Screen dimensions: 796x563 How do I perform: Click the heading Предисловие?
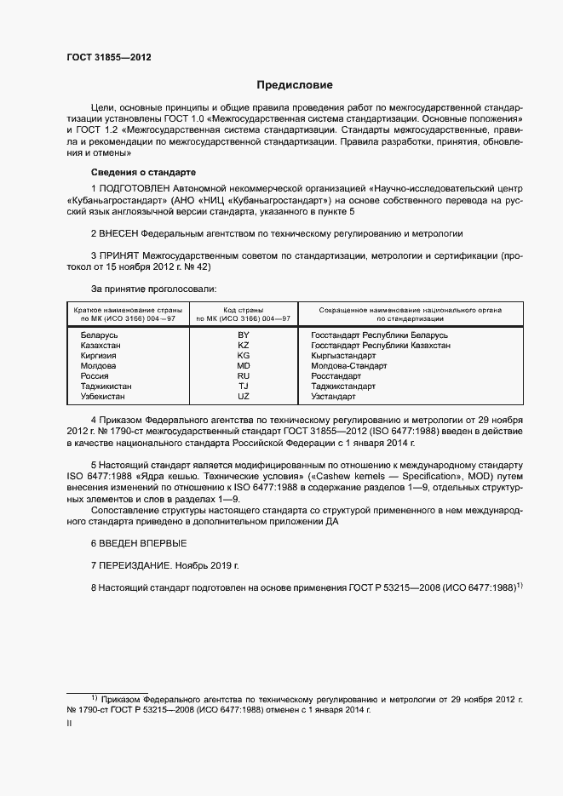(296, 85)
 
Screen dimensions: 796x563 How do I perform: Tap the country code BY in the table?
(244, 335)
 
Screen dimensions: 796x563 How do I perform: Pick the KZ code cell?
(244, 346)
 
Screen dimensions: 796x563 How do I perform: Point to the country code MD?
(244, 366)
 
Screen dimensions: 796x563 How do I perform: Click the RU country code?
(244, 376)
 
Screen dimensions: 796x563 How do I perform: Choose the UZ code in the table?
(244, 397)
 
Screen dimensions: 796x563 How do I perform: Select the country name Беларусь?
(99, 335)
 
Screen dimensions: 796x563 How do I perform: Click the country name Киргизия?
(98, 356)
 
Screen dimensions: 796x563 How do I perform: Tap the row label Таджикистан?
(106, 387)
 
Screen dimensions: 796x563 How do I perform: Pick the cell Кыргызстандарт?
(350, 356)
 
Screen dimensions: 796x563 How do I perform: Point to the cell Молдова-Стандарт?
(349, 366)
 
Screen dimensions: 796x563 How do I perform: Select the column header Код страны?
(244, 310)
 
